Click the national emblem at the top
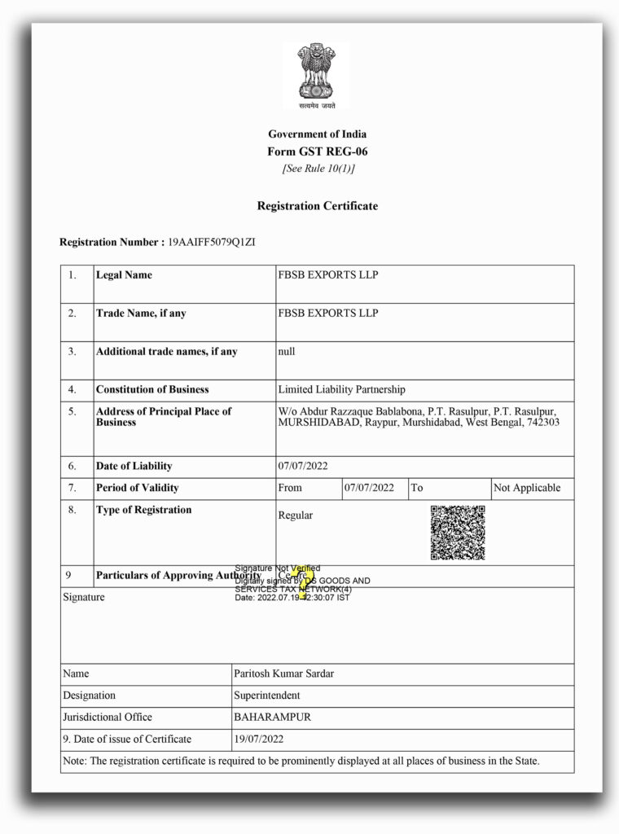pos(317,75)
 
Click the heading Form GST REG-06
pos(317,151)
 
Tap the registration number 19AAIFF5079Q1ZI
pos(212,243)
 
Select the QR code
pos(458,533)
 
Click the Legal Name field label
pos(124,275)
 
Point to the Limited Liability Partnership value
pos(341,390)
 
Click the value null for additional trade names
pos(287,352)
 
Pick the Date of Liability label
pos(134,467)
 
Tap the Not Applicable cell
pos(526,488)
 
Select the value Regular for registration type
pos(295,516)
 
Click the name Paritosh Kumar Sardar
pos(283,674)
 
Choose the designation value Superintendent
pos(267,696)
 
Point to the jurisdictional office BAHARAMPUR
pos(272,718)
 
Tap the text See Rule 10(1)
pos(318,169)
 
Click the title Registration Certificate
pos(317,206)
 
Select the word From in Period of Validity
pos(289,488)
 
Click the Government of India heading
pos(317,134)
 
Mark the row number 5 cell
pos(72,412)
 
